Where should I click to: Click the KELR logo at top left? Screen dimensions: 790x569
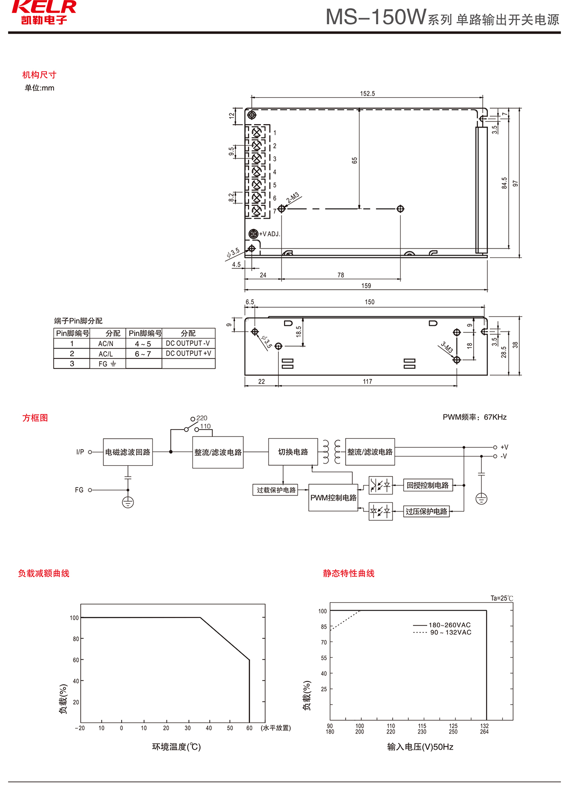click(x=44, y=12)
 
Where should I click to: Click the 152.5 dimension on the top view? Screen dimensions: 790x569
click(x=367, y=93)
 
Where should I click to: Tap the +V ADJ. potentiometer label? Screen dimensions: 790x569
click(x=269, y=234)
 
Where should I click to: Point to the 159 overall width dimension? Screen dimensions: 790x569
click(x=366, y=285)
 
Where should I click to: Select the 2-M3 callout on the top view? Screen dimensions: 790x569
click(x=293, y=198)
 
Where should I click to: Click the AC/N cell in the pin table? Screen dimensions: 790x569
click(x=106, y=343)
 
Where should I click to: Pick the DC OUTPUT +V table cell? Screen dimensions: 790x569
click(x=188, y=353)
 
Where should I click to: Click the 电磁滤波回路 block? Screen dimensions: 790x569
click(x=128, y=452)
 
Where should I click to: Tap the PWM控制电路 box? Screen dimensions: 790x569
click(x=333, y=497)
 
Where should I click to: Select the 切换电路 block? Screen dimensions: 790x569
click(x=293, y=452)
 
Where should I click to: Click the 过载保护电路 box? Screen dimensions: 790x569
click(x=276, y=490)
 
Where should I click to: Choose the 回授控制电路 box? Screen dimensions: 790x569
click(x=428, y=485)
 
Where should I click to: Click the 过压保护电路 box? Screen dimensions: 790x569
click(x=426, y=511)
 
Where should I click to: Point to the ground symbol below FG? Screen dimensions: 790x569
click(x=128, y=502)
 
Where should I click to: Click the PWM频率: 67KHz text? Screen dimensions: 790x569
click(x=475, y=417)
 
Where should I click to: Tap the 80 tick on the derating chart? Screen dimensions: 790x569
click(x=76, y=639)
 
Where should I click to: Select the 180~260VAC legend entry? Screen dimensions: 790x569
click(x=450, y=625)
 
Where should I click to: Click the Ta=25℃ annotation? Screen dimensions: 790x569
click(x=502, y=598)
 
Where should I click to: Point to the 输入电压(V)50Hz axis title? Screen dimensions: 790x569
click(x=420, y=747)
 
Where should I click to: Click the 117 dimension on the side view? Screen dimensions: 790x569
click(x=367, y=381)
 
